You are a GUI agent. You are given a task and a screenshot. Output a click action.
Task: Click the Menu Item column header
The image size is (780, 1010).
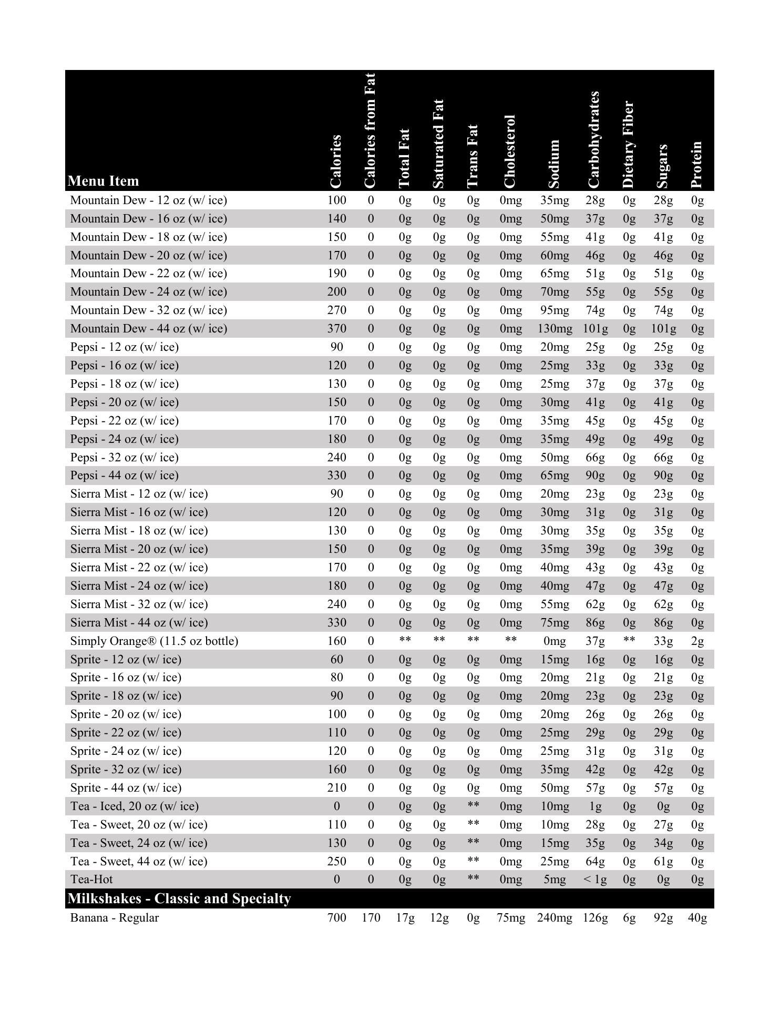click(104, 181)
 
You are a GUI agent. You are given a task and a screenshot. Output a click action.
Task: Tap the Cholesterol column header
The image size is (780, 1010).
click(509, 151)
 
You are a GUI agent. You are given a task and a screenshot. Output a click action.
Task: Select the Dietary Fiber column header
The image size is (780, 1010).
click(629, 145)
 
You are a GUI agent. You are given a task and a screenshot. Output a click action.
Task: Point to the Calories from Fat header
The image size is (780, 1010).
click(370, 130)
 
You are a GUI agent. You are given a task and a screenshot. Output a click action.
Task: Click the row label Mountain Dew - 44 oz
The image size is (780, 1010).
click(149, 329)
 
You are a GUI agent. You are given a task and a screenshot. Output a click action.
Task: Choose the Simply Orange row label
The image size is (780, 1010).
click(154, 641)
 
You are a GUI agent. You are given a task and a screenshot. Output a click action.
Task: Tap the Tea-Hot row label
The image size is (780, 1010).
click(91, 880)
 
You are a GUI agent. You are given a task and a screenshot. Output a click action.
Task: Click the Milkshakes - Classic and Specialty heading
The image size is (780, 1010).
click(179, 898)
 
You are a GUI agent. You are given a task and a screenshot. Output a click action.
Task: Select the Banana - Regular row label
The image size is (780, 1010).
click(115, 918)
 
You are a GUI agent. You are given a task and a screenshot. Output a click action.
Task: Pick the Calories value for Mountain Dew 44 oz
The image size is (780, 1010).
click(336, 329)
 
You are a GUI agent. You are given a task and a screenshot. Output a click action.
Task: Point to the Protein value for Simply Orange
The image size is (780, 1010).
click(697, 641)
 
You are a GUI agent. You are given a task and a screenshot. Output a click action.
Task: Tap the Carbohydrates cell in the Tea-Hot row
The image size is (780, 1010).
click(595, 880)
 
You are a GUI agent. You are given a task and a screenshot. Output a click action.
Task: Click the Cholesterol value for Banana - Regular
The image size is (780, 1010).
click(510, 918)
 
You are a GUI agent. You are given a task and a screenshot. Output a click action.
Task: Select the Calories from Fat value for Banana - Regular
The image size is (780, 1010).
click(371, 918)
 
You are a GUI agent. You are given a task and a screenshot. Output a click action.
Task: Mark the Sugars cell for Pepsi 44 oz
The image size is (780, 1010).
click(663, 476)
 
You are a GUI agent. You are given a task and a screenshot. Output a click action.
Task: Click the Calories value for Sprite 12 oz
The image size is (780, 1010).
click(336, 660)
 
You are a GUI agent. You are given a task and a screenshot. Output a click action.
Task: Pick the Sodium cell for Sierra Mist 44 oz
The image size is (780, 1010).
click(555, 623)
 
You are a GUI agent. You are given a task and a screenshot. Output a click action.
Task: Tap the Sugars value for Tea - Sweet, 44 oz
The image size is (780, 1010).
click(663, 862)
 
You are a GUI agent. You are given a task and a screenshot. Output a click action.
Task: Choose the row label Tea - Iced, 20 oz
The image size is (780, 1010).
click(135, 806)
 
